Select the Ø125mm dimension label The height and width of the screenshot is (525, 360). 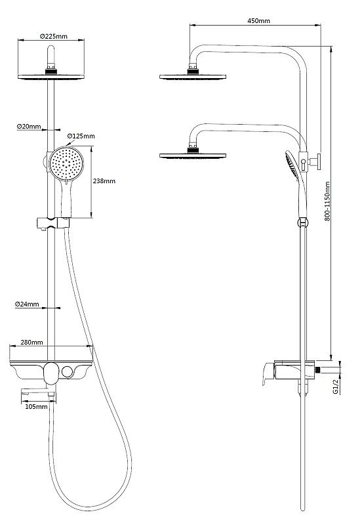click(82, 136)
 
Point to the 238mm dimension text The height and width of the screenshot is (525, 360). click(104, 181)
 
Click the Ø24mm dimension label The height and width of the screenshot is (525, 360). click(28, 304)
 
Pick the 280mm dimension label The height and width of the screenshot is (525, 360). click(32, 342)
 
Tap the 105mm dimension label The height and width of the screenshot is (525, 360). click(37, 407)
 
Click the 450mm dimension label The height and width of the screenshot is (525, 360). click(258, 21)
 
